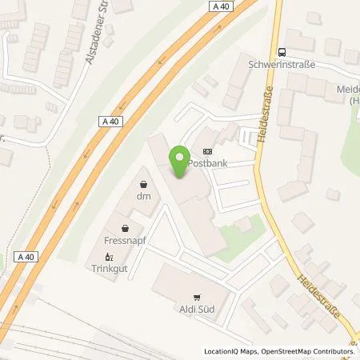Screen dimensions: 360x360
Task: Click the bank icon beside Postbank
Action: tap(209, 150)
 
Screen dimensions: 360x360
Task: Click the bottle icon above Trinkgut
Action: tap(110, 258)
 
